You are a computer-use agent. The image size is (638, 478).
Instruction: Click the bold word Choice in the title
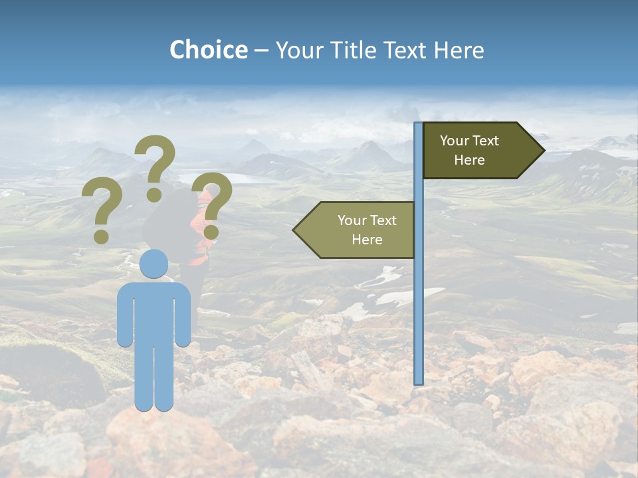pos(208,50)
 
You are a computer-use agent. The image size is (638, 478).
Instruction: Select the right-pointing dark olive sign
pos(478,151)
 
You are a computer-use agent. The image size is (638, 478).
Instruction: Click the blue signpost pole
pos(418,299)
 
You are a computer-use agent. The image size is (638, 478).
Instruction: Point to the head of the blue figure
pos(154,264)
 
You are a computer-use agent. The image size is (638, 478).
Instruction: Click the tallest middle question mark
pos(156,166)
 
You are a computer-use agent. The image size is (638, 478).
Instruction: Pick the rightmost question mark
pos(212,204)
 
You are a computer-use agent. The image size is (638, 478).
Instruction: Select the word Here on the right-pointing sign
pos(469,160)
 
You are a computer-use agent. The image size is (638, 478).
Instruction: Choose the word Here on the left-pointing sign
pos(367,240)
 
